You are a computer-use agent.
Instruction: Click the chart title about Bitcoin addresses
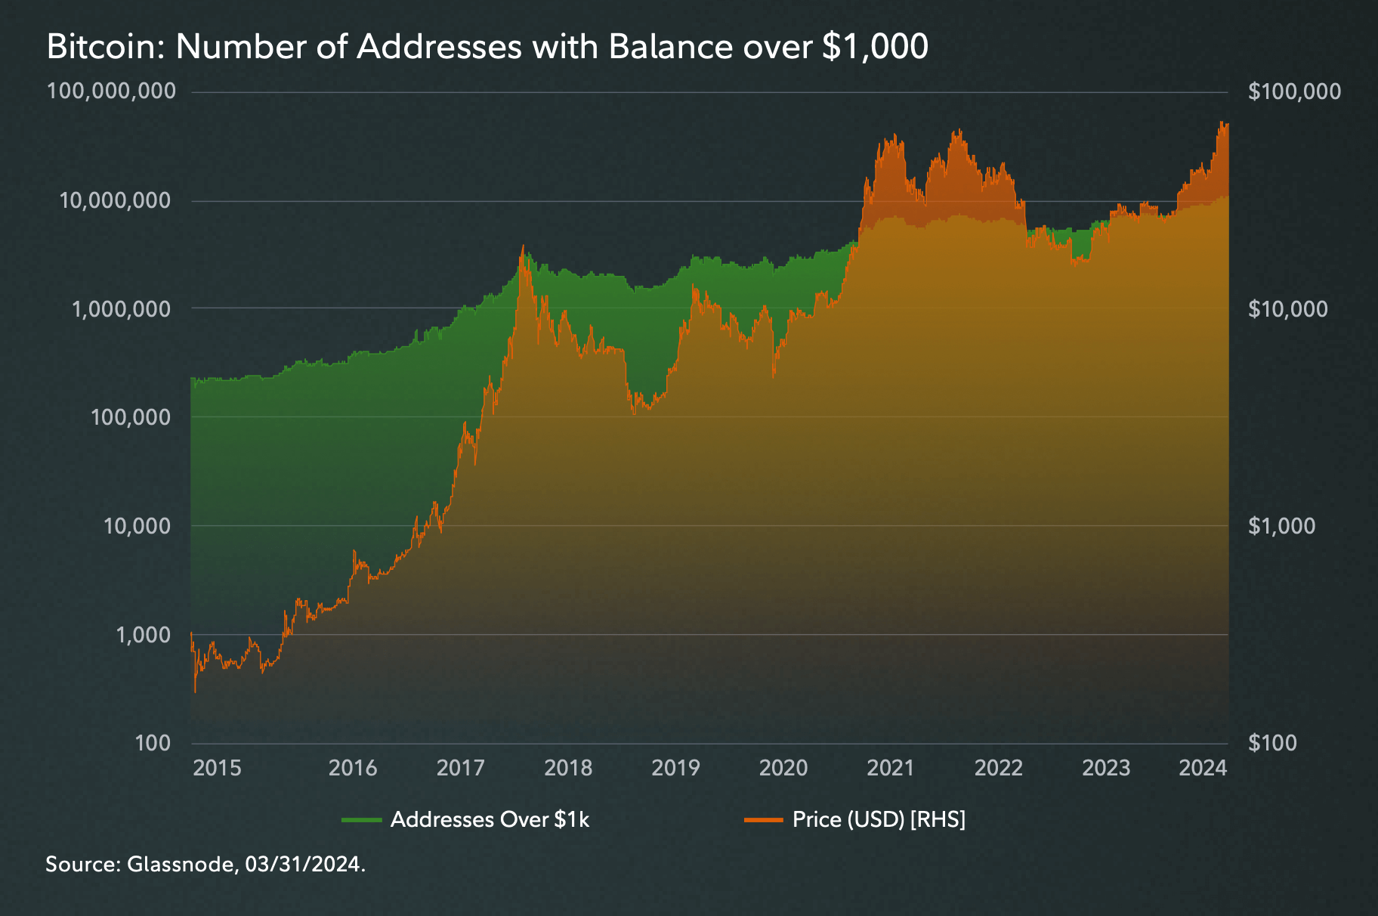(x=487, y=47)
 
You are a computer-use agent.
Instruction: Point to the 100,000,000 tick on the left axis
(x=111, y=91)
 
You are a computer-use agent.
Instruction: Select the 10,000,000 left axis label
(x=116, y=200)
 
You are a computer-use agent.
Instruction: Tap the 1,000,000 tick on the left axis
(x=121, y=308)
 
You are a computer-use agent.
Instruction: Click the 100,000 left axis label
(x=131, y=416)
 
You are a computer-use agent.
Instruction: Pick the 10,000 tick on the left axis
(x=137, y=525)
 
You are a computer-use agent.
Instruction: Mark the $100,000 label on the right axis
(x=1294, y=91)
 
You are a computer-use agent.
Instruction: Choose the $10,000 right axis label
(x=1287, y=308)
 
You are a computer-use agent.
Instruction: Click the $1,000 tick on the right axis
(x=1281, y=525)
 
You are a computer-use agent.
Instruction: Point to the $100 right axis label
(x=1273, y=743)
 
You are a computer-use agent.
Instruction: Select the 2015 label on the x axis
(x=217, y=768)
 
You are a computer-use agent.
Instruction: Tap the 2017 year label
(x=460, y=768)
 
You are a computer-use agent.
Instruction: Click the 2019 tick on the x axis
(x=675, y=768)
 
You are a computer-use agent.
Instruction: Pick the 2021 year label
(x=890, y=768)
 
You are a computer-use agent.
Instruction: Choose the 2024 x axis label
(x=1203, y=768)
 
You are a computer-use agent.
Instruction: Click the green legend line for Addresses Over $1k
(x=361, y=820)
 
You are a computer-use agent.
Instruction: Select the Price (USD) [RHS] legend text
(x=879, y=820)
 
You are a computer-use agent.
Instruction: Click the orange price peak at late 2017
(x=523, y=246)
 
